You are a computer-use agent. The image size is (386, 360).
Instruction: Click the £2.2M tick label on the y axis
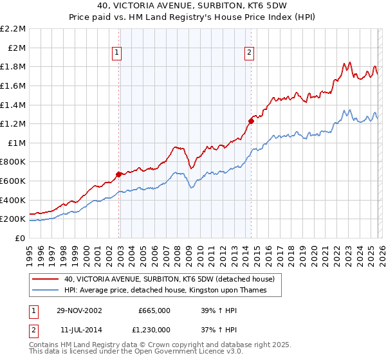click(x=14, y=29)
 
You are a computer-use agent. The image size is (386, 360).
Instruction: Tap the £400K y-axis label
click(x=14, y=200)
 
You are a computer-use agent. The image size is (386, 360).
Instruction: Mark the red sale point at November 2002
click(x=119, y=174)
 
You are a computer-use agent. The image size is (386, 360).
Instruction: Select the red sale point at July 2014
click(x=251, y=121)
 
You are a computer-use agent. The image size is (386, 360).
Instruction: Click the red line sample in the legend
click(x=46, y=279)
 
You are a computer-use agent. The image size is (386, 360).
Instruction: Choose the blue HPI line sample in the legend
click(x=46, y=291)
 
